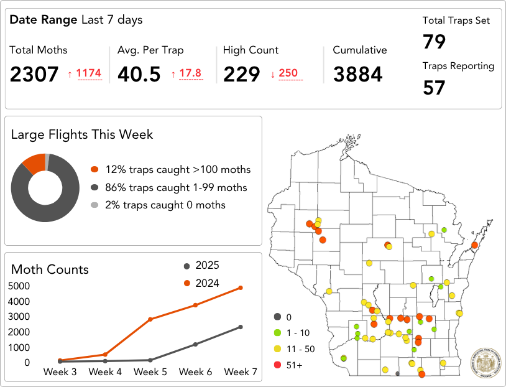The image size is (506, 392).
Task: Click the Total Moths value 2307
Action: (x=34, y=74)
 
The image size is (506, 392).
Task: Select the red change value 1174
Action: (x=89, y=73)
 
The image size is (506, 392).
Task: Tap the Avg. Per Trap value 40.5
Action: (x=139, y=74)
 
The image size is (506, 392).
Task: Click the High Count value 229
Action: (x=242, y=74)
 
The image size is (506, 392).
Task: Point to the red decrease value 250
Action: (x=288, y=73)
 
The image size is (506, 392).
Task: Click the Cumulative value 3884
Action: (x=358, y=74)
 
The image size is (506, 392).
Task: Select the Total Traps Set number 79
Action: (x=435, y=42)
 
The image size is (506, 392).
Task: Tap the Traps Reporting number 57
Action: (x=435, y=88)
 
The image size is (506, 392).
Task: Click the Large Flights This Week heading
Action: (x=82, y=134)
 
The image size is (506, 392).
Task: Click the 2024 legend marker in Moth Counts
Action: (x=186, y=283)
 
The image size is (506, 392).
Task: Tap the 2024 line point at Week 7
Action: (x=241, y=287)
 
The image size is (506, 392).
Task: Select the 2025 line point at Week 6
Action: (x=195, y=344)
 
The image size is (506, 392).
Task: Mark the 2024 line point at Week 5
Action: (x=150, y=319)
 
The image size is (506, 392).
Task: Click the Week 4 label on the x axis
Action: (x=105, y=372)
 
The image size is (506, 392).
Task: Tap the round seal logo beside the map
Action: (x=484, y=360)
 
